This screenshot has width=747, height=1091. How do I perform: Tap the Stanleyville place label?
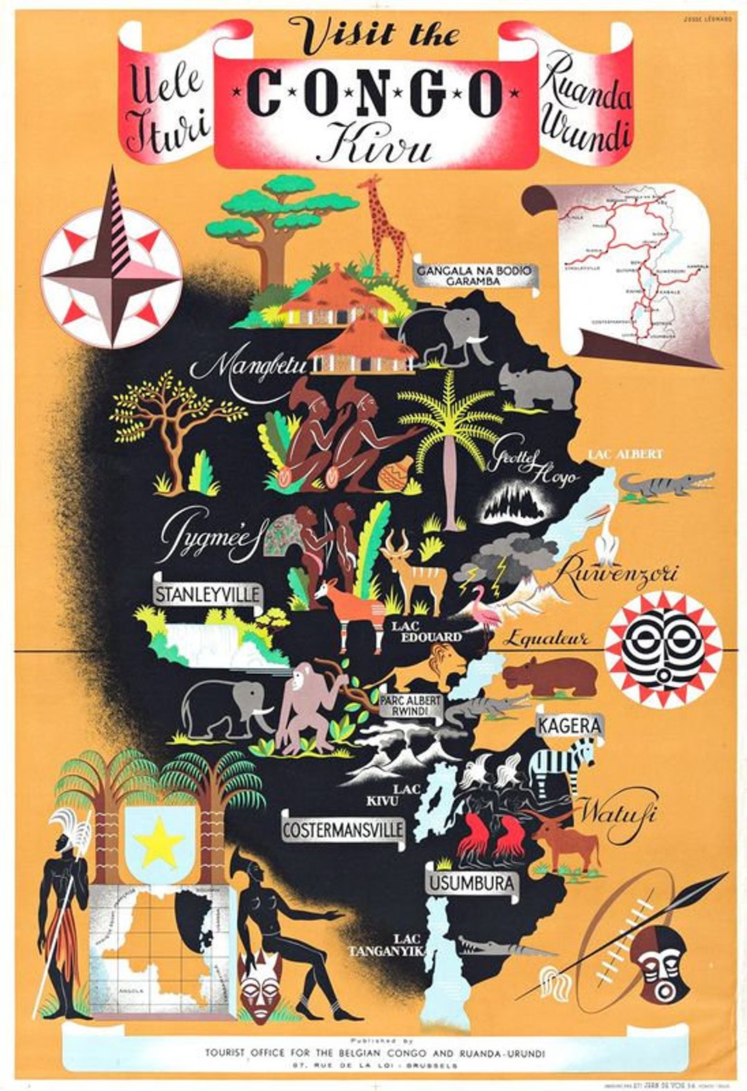pyautogui.click(x=207, y=594)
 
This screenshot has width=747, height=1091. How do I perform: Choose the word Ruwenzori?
pyautogui.click(x=617, y=574)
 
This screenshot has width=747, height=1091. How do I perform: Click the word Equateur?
pyautogui.click(x=545, y=639)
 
